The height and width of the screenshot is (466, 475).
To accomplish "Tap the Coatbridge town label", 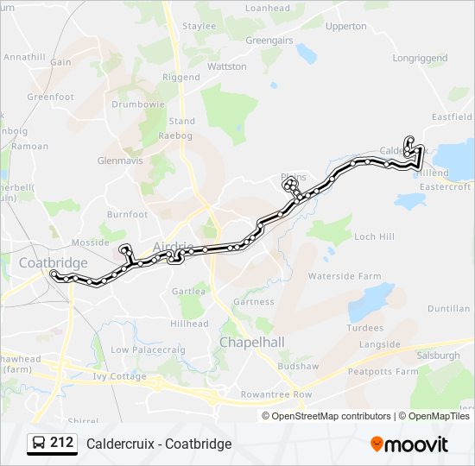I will pos(54,262).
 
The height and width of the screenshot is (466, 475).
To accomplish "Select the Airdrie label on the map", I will pos(170,245).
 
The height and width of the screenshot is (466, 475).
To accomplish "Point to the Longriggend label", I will pos(421,59).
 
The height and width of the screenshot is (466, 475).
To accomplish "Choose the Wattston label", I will pos(227,66).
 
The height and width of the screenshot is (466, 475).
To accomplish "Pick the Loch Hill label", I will pos(374,236).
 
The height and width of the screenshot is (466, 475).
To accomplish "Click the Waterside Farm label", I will pos(345,276).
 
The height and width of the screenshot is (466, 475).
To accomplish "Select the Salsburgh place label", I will pos(439,356).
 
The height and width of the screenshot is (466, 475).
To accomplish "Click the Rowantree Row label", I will pos(276,394).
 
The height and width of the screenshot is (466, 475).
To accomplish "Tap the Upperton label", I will pos(346,26).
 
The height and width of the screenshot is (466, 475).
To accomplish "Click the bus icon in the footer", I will pos(37,444).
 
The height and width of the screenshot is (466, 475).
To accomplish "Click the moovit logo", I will pos(409,444).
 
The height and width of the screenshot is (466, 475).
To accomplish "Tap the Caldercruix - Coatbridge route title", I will pos(159,444).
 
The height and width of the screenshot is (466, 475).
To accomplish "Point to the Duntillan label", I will pos(449,308).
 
